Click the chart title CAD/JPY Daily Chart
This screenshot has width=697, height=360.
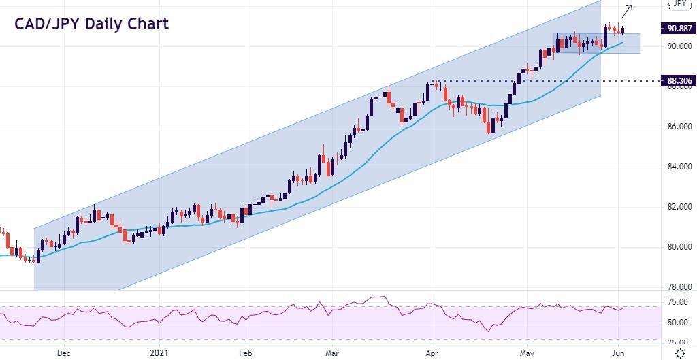[x=91, y=24]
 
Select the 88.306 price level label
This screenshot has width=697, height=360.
[x=679, y=81]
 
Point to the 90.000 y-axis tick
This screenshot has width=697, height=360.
[x=680, y=46]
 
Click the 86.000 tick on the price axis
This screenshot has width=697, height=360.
[x=680, y=127]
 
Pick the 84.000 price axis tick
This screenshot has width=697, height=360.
[x=680, y=167]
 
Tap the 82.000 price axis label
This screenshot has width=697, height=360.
[x=680, y=207]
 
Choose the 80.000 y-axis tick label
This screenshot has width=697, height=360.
[x=680, y=247]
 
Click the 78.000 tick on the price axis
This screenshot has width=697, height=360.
[x=680, y=287]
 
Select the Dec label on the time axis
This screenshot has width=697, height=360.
[x=63, y=353]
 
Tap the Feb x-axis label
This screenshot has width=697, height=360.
[x=246, y=353]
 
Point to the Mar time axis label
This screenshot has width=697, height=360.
[x=332, y=353]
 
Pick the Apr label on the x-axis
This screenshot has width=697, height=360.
[x=431, y=353]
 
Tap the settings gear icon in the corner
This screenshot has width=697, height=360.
[x=680, y=353]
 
